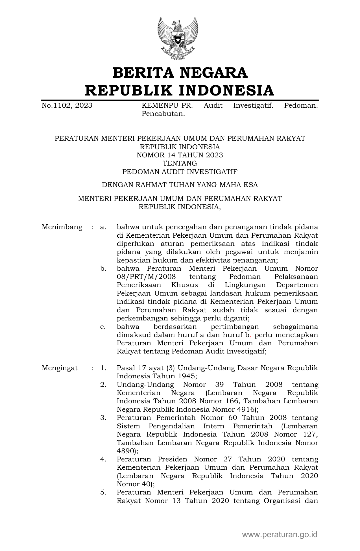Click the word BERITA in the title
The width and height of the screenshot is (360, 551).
click(143, 73)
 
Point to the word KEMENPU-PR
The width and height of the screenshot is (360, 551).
click(167, 106)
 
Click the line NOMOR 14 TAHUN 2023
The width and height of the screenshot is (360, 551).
click(180, 155)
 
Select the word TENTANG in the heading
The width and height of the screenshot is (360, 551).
click(180, 163)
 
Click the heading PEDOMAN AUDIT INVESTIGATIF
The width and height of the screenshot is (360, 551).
click(180, 172)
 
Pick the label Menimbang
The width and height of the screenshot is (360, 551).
click(62, 227)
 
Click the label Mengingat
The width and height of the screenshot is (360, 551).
click(60, 368)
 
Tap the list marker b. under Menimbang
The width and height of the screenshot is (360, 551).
click(103, 268)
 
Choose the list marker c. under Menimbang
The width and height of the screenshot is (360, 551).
click(103, 327)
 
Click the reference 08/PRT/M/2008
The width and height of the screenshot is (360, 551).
click(146, 277)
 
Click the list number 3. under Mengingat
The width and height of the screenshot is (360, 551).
click(103, 418)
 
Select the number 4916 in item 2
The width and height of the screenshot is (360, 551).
click(246, 409)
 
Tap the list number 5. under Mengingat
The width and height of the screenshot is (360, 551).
click(103, 493)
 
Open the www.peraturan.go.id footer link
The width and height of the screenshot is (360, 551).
click(280, 535)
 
